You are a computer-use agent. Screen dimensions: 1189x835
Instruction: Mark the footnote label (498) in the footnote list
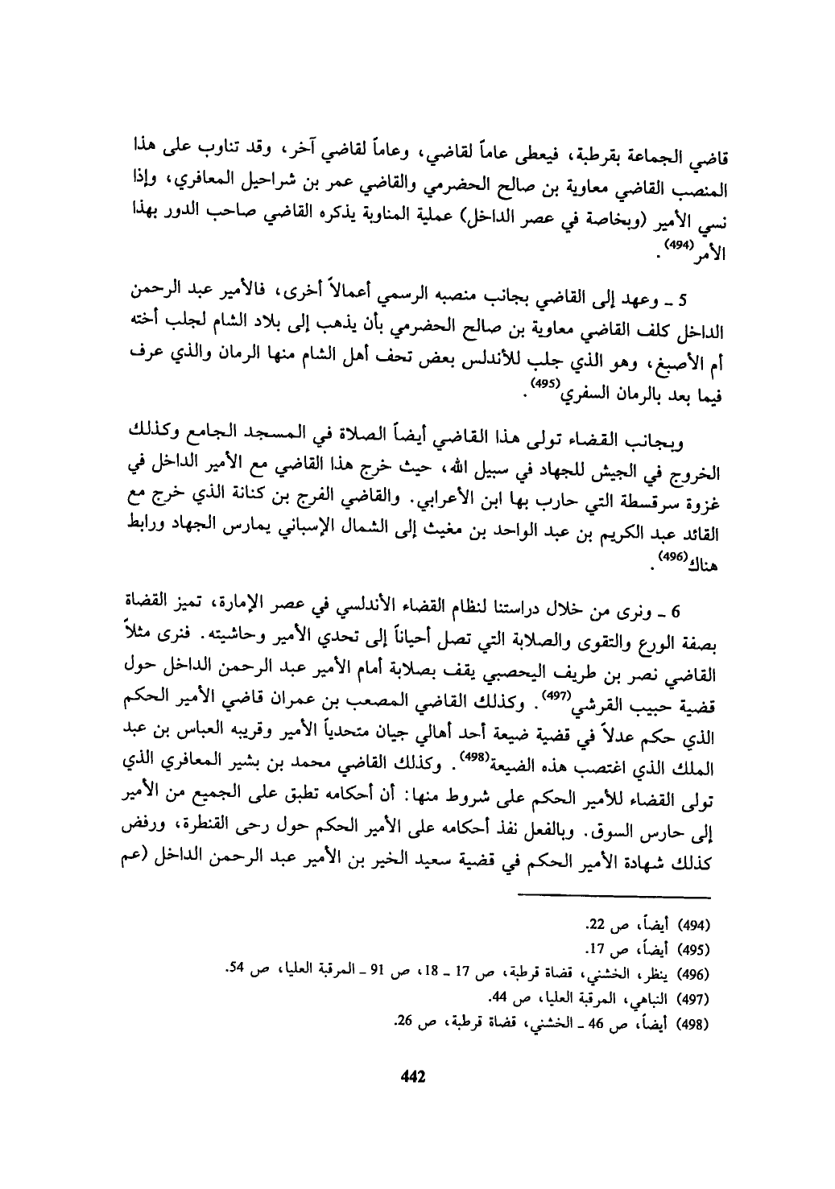pyautogui.click(x=695, y=1025)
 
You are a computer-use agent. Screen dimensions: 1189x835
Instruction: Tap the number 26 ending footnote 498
pyautogui.click(x=404, y=1025)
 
